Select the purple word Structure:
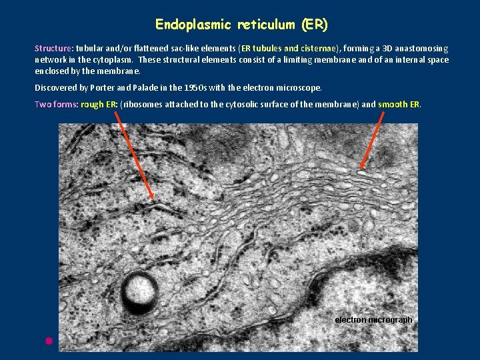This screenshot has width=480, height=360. click(54, 49)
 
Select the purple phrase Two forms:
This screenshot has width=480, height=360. click(56, 104)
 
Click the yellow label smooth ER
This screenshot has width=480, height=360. click(399, 104)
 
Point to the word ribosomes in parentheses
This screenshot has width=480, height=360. click(143, 104)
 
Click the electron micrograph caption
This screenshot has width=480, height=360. click(373, 320)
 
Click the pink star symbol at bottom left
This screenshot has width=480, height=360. click(49, 341)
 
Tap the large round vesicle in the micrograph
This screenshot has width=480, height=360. click(140, 291)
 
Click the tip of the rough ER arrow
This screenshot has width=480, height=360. click(153, 198)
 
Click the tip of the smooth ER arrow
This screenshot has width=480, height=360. click(361, 168)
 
